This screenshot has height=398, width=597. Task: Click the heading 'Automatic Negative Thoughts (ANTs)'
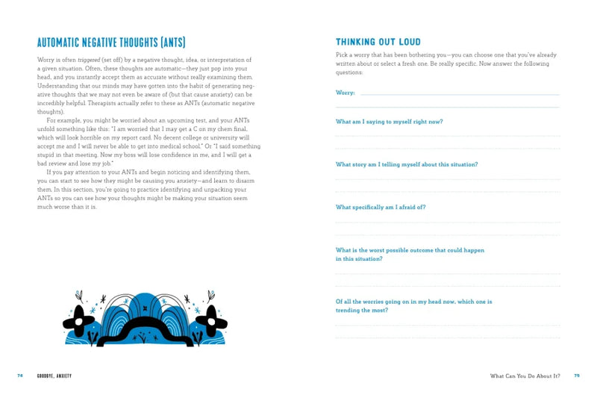tap(111, 43)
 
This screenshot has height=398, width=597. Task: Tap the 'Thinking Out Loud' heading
tap(378, 42)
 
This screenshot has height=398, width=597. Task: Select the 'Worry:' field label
tap(345, 93)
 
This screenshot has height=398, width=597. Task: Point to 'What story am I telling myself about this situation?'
tap(407, 164)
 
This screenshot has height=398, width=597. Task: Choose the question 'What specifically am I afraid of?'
tap(381, 207)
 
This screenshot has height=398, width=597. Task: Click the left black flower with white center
tap(78, 321)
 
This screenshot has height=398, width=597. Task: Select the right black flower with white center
tap(211, 321)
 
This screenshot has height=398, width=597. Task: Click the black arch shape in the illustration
tap(145, 329)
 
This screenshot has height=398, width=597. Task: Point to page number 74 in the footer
tap(20, 376)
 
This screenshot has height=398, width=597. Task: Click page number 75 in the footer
tap(576, 376)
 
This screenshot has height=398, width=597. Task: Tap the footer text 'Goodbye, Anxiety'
tap(54, 376)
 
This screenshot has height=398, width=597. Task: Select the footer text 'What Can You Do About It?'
tap(525, 376)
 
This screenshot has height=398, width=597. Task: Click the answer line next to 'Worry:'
tap(459, 94)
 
